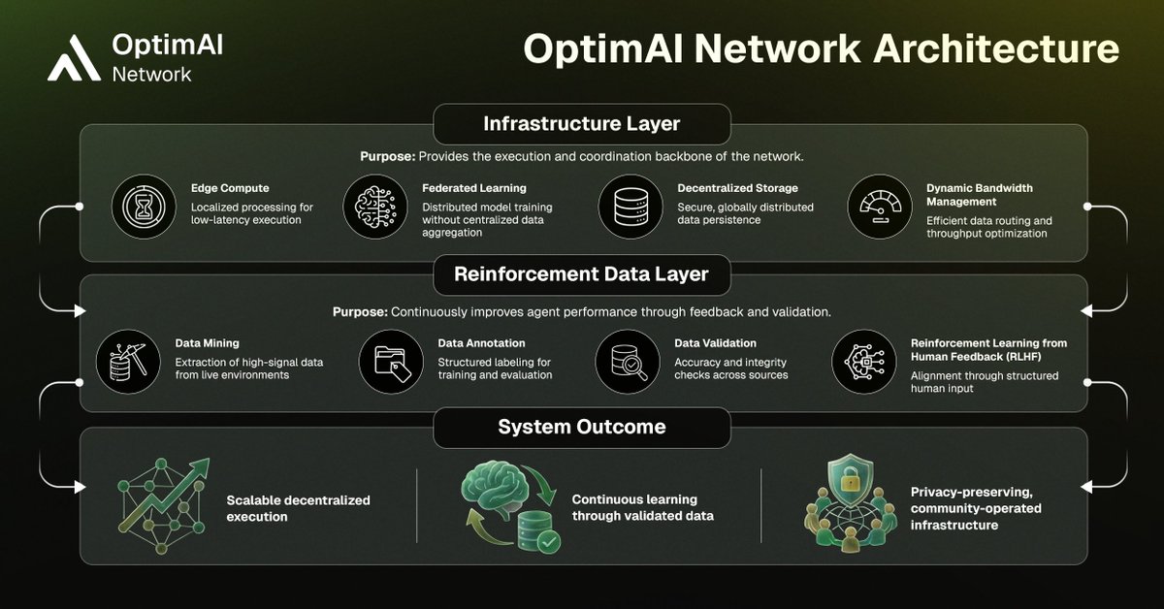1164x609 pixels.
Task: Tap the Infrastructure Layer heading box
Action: pos(581,124)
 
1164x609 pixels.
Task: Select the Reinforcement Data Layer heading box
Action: pos(581,274)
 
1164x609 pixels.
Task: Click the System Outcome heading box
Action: pos(581,427)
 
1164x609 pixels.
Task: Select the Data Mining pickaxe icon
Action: pos(128,361)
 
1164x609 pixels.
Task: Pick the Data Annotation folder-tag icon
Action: pos(390,361)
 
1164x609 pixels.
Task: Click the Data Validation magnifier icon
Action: pos(627,361)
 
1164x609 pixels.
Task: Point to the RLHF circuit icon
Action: pos(862,361)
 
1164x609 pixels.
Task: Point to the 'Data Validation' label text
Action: pos(715,342)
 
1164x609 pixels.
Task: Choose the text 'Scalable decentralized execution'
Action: pos(299,508)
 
